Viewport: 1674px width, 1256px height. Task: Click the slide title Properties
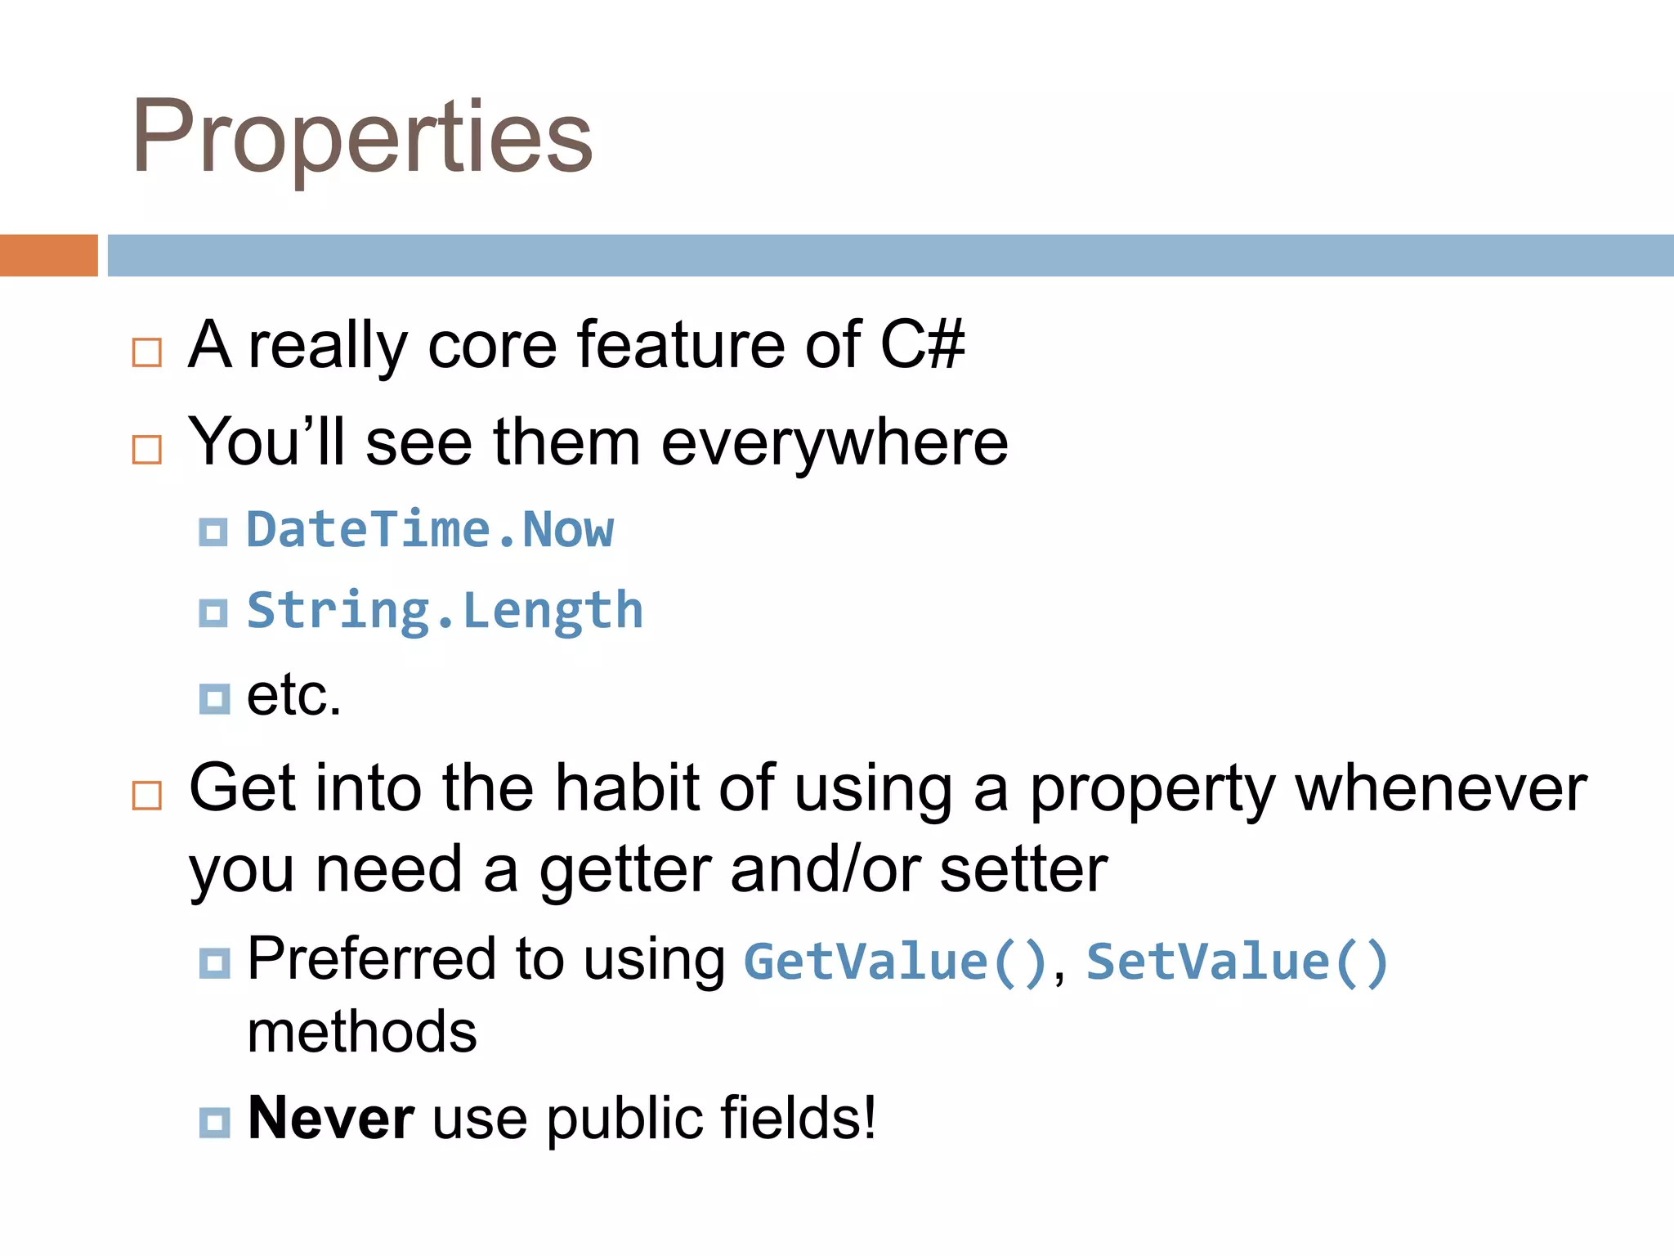point(362,137)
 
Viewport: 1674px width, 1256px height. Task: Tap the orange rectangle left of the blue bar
point(48,255)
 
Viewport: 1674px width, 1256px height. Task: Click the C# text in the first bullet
point(922,345)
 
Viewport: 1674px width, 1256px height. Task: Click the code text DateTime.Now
point(430,530)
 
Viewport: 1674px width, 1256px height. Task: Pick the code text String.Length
point(445,611)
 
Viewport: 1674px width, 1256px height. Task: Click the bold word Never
point(330,1118)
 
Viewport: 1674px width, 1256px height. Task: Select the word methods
point(361,1032)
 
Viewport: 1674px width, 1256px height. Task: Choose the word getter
point(625,869)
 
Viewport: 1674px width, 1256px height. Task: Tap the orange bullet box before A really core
point(147,353)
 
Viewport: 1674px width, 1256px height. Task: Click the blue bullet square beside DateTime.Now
point(213,532)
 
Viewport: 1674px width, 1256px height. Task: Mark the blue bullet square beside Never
point(214,1122)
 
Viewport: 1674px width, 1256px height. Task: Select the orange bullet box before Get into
point(147,795)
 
